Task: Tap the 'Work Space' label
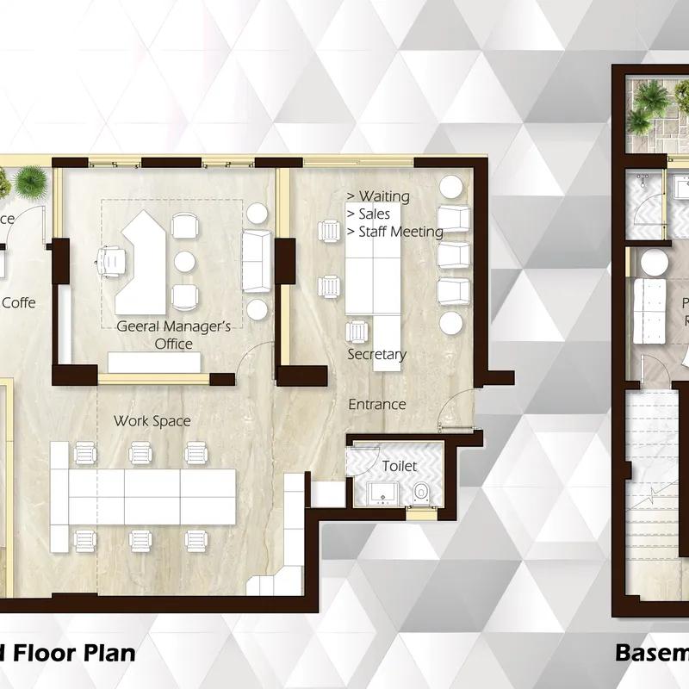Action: (152, 421)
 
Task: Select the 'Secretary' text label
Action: (376, 355)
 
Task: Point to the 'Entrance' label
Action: (376, 404)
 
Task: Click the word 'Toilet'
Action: (400, 466)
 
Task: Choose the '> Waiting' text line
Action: (377, 196)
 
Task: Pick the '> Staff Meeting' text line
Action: (394, 232)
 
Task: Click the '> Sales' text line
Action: (368, 214)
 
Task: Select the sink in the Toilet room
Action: (381, 493)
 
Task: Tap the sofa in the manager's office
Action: (256, 261)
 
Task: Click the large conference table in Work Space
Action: (151, 498)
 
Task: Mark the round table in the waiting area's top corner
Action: (451, 186)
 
